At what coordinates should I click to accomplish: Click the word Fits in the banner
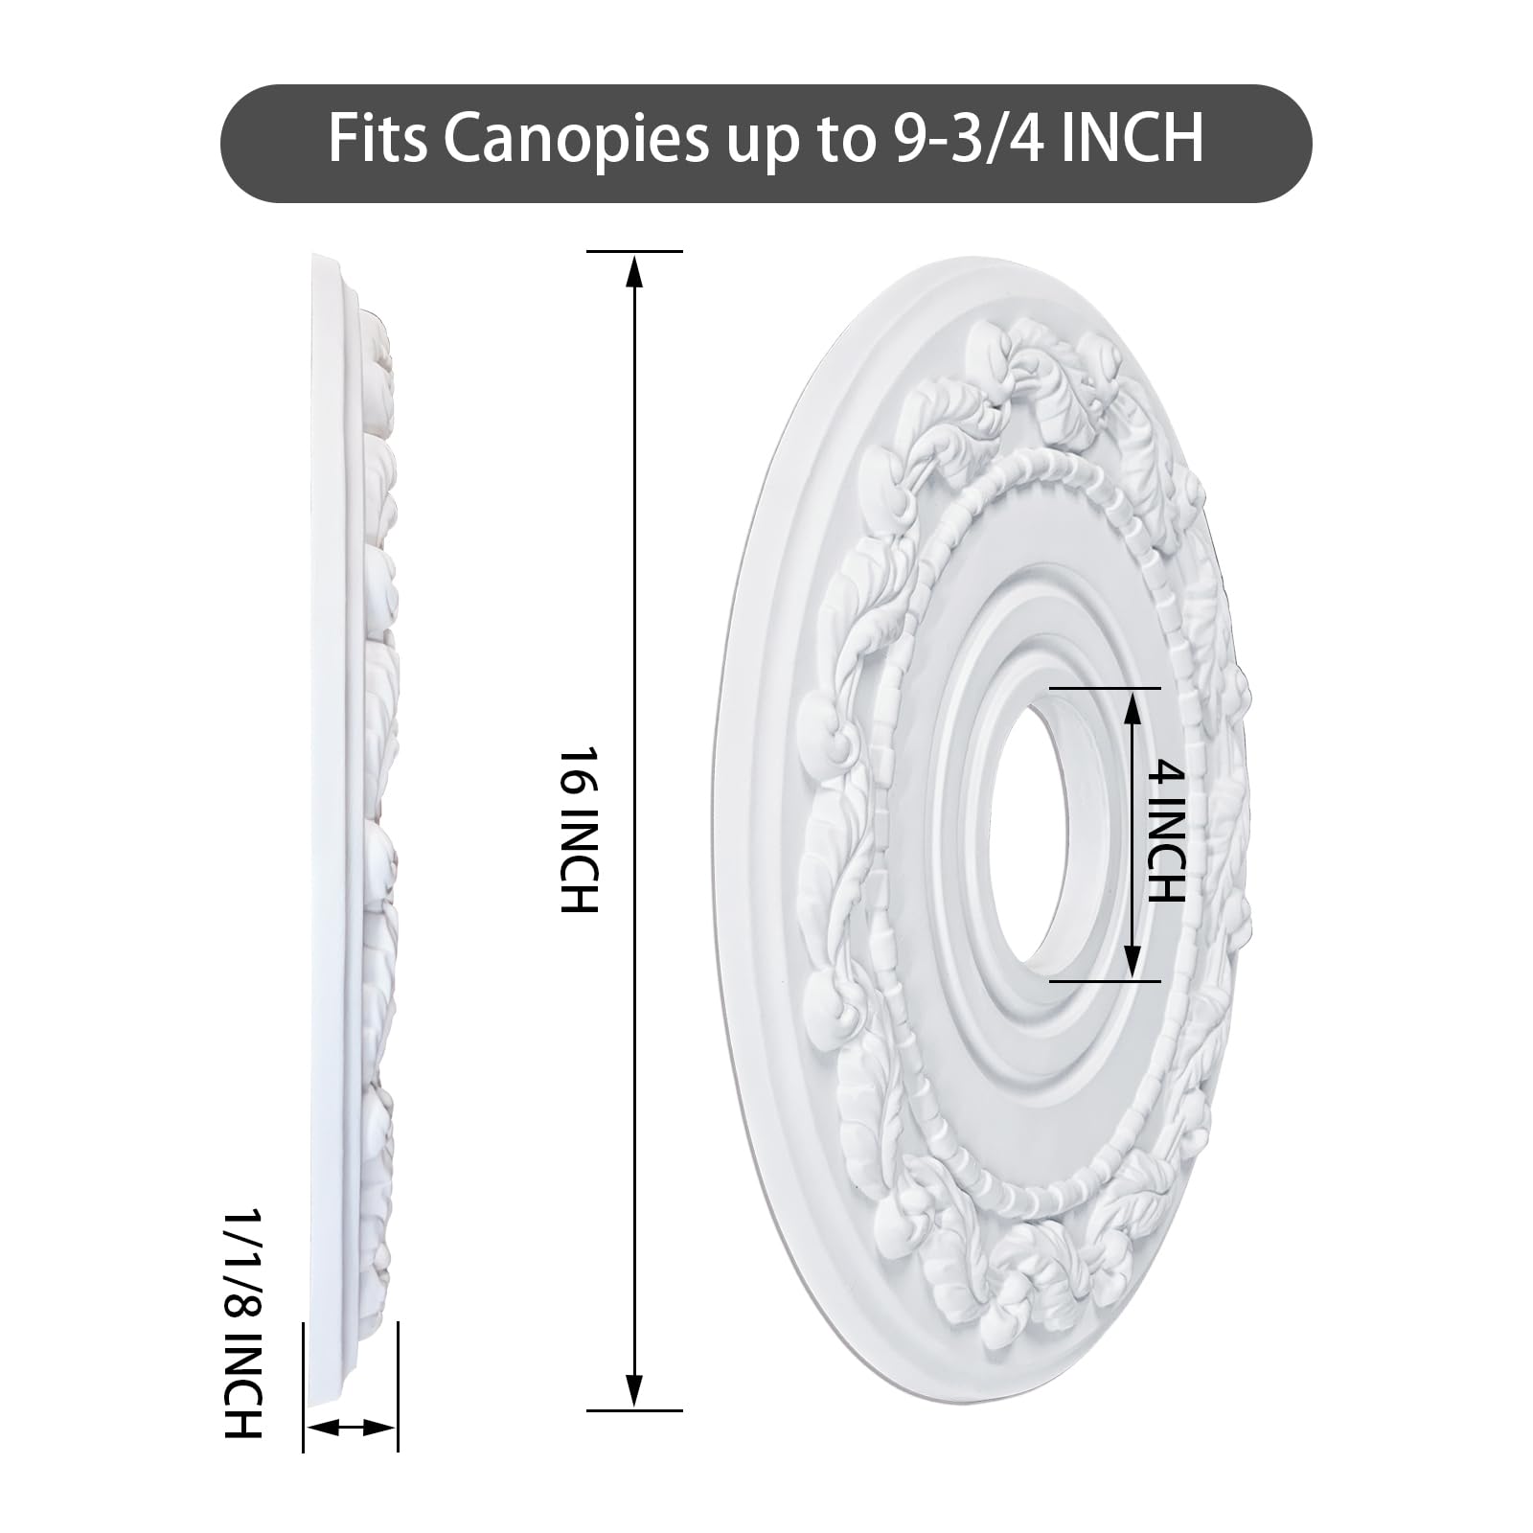[x=378, y=140]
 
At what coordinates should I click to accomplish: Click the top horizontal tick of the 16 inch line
[x=633, y=251]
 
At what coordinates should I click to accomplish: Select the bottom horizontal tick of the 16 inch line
[x=633, y=1410]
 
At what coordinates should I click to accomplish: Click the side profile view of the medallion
[x=355, y=824]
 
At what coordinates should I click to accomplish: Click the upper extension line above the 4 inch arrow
[x=1104, y=688]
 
